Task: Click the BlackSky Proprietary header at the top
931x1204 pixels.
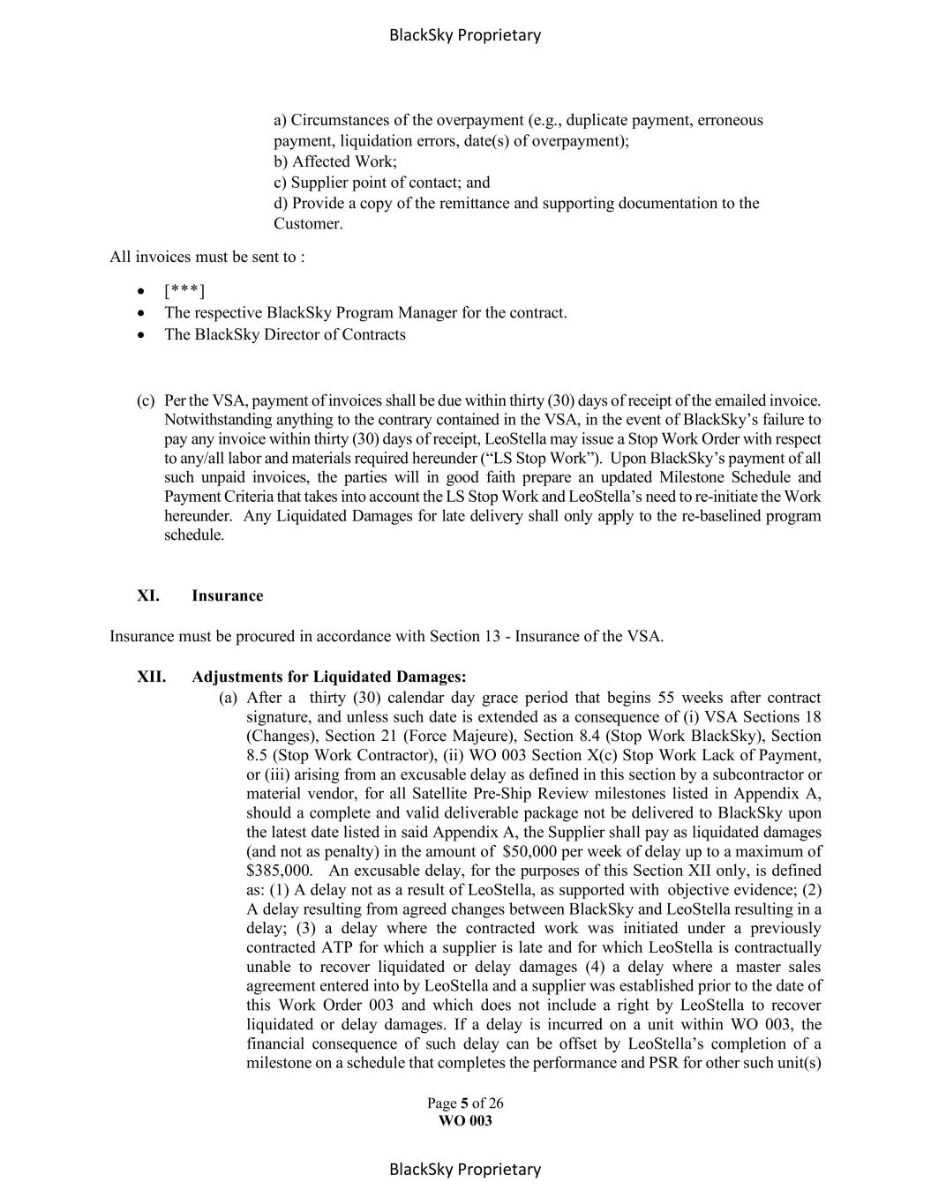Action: tap(464, 35)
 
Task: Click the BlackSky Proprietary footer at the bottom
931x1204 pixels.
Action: tap(464, 1170)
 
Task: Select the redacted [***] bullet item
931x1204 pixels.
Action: tap(184, 291)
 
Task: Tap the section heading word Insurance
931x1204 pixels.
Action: tap(227, 595)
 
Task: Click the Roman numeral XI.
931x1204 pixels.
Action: tap(148, 595)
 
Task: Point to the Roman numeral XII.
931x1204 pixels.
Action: tap(151, 677)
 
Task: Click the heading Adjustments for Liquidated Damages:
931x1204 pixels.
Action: tap(328, 677)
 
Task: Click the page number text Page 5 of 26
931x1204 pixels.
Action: tap(465, 1103)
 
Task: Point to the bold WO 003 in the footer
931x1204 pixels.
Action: tap(465, 1121)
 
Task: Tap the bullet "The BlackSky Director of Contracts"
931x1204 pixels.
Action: tap(284, 334)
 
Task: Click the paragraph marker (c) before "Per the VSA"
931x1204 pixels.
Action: tap(146, 400)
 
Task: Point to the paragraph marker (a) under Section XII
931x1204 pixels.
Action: tap(228, 698)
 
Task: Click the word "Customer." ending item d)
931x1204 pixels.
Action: tap(308, 224)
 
